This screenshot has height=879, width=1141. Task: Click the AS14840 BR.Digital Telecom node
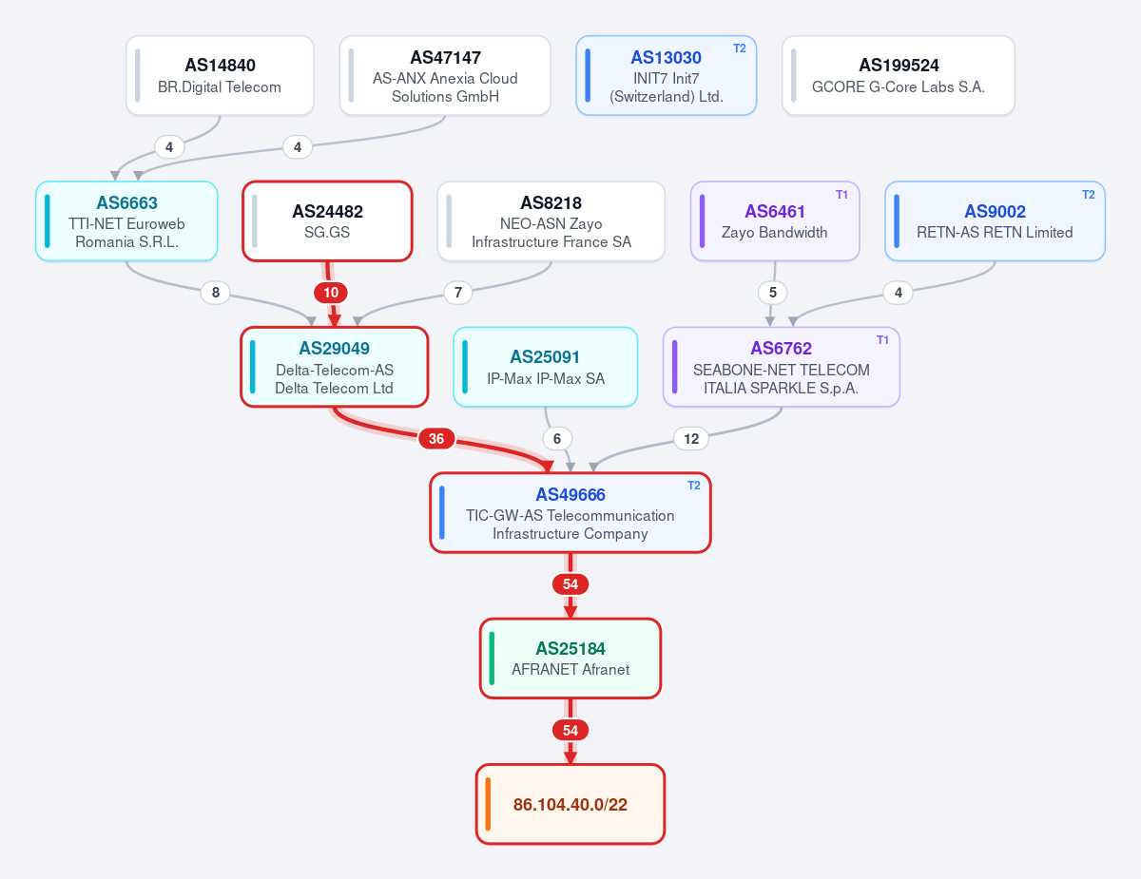pos(220,76)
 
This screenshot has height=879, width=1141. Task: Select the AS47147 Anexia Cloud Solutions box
pos(445,76)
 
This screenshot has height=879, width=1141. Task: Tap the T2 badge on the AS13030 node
pos(740,48)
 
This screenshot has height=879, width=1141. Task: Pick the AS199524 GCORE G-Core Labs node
pos(899,76)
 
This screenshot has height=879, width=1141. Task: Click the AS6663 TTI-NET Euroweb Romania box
pos(126,221)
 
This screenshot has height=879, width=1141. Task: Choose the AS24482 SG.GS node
pos(327,221)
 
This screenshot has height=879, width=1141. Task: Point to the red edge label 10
pos(331,293)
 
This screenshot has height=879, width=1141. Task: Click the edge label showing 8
pos(215,293)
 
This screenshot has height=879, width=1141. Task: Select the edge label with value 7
pos(458,293)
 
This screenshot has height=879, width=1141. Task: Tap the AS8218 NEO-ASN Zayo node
pos(551,221)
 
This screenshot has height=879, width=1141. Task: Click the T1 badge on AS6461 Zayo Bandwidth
pos(841,195)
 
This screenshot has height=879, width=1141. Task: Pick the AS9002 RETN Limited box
pos(995,221)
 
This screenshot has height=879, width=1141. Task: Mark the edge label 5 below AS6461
pos(772,293)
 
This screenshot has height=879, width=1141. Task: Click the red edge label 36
pos(436,439)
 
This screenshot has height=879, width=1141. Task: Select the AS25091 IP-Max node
pos(546,367)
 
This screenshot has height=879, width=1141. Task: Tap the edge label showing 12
pos(691,439)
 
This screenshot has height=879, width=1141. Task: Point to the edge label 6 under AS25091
pos(557,439)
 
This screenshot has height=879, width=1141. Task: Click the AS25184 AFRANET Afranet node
pos(570,659)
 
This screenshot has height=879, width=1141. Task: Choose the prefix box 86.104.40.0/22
pos(570,805)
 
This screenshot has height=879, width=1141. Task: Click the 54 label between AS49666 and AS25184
pos(570,584)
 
